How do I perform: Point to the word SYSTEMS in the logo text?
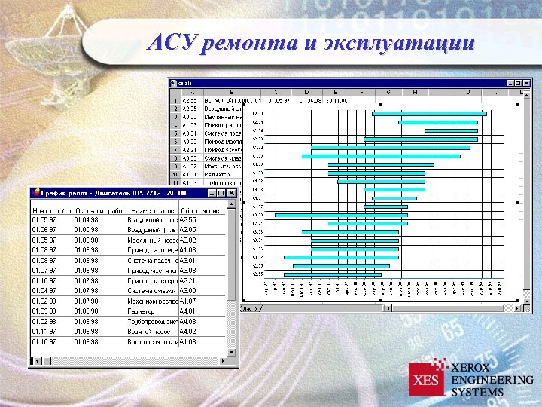477,393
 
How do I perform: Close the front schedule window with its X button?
232,194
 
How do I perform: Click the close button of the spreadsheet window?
518,83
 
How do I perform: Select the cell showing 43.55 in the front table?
188,219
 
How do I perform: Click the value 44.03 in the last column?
188,321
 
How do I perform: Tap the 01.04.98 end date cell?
86,219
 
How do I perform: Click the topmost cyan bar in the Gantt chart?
430,114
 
